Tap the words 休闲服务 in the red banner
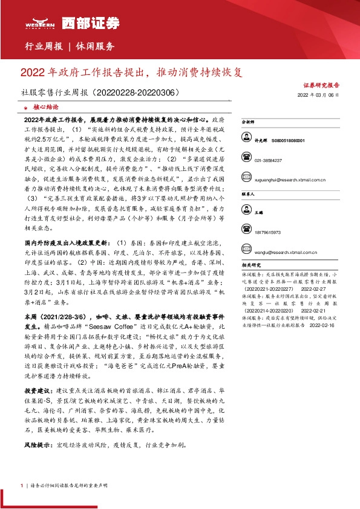click(95, 46)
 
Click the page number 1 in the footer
click(22, 486)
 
